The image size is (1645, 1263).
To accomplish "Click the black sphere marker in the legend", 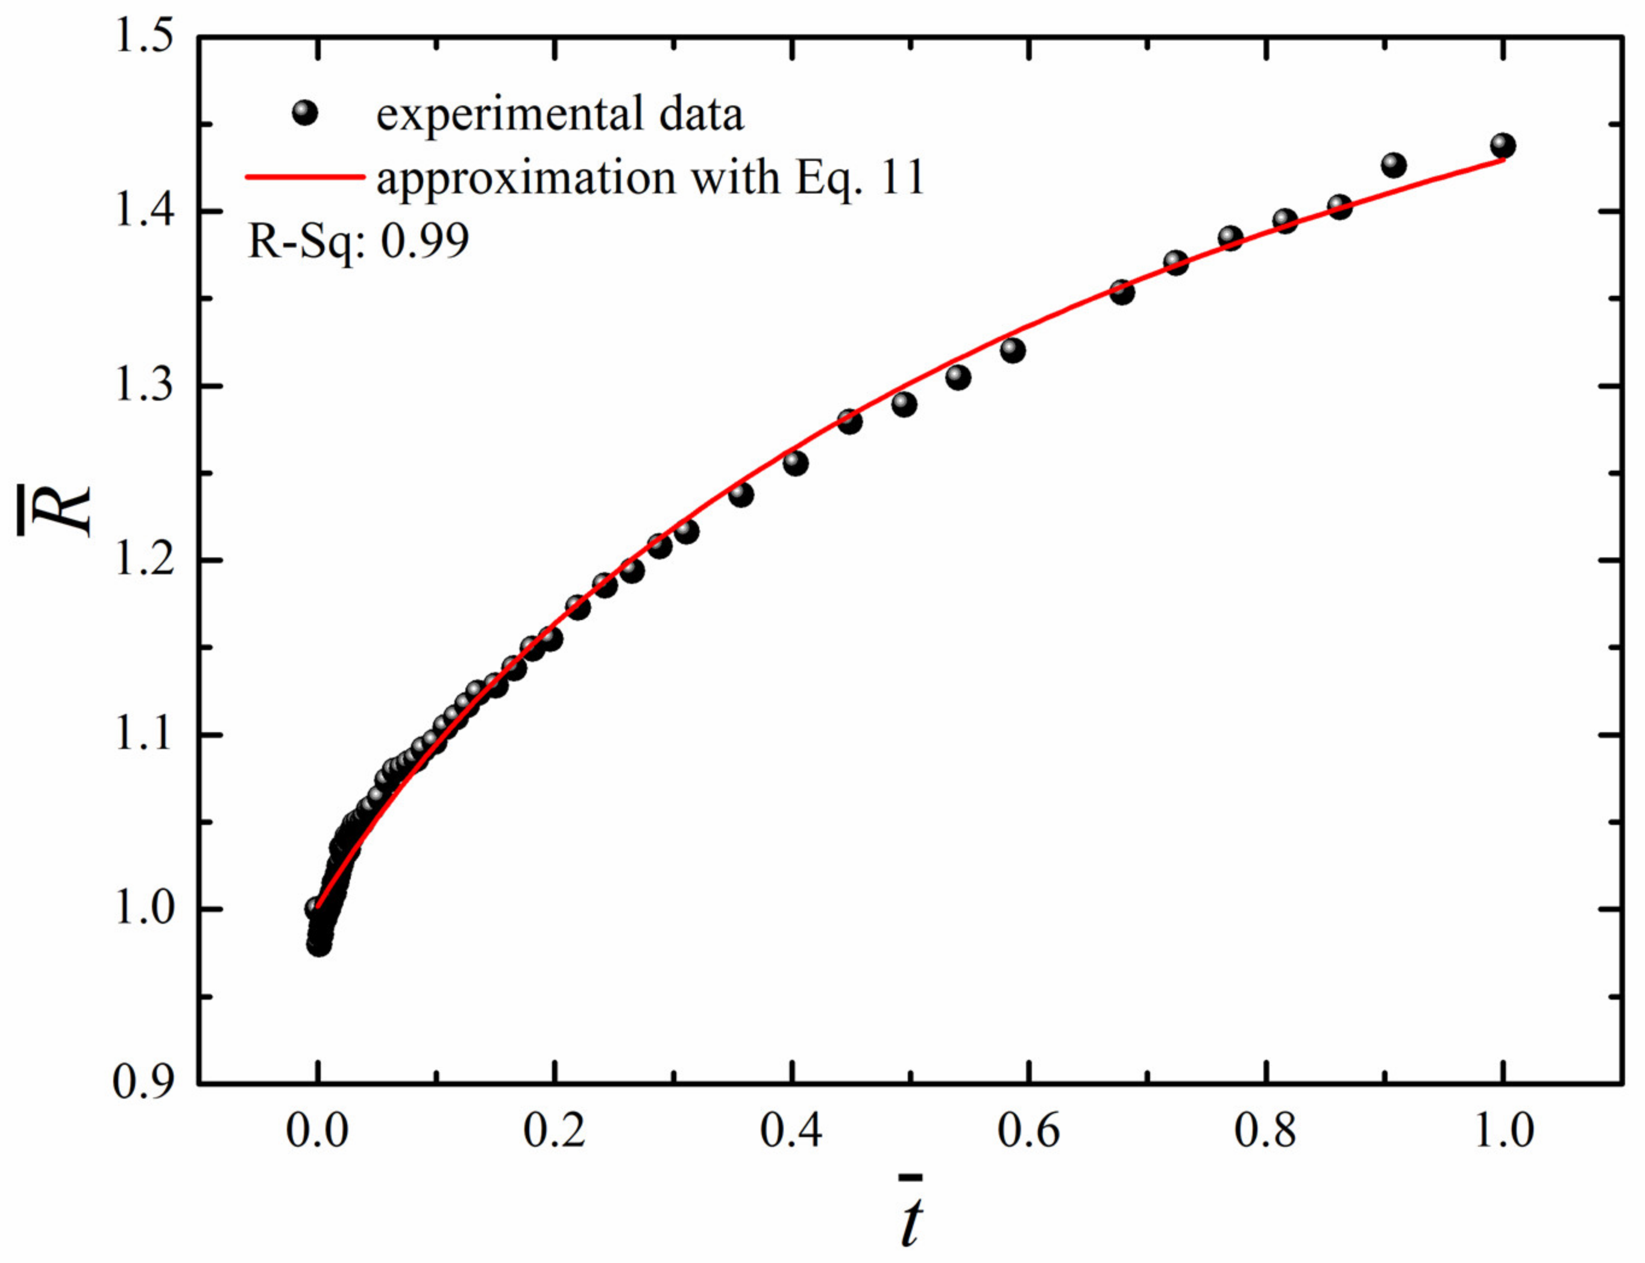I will click(304, 113).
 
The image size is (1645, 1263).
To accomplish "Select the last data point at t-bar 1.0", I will click(1502, 145).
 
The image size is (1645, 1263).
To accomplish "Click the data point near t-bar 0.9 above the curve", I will click(1393, 165).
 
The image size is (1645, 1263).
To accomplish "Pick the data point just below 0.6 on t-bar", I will click(1013, 350).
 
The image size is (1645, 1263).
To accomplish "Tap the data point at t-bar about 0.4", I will click(794, 463).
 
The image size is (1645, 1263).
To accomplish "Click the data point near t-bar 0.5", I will click(904, 404).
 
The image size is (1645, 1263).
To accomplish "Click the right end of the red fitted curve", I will click(1501, 159).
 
